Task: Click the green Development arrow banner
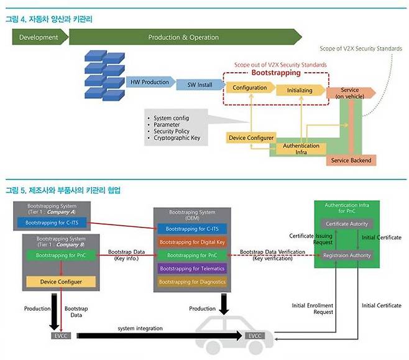pyautogui.click(x=39, y=37)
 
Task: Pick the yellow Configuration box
pyautogui.click(x=250, y=88)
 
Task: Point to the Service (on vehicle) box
pyautogui.click(x=350, y=93)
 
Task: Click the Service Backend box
pyautogui.click(x=352, y=160)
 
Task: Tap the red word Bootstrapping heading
pyautogui.click(x=277, y=73)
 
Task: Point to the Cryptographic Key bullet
pyautogui.click(x=177, y=138)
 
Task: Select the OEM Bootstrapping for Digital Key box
pyautogui.click(x=192, y=242)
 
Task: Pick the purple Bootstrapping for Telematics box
pyautogui.click(x=192, y=269)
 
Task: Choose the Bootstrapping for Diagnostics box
pyautogui.click(x=192, y=282)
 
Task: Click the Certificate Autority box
pyautogui.click(x=346, y=224)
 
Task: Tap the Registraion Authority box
pyautogui.click(x=346, y=255)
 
